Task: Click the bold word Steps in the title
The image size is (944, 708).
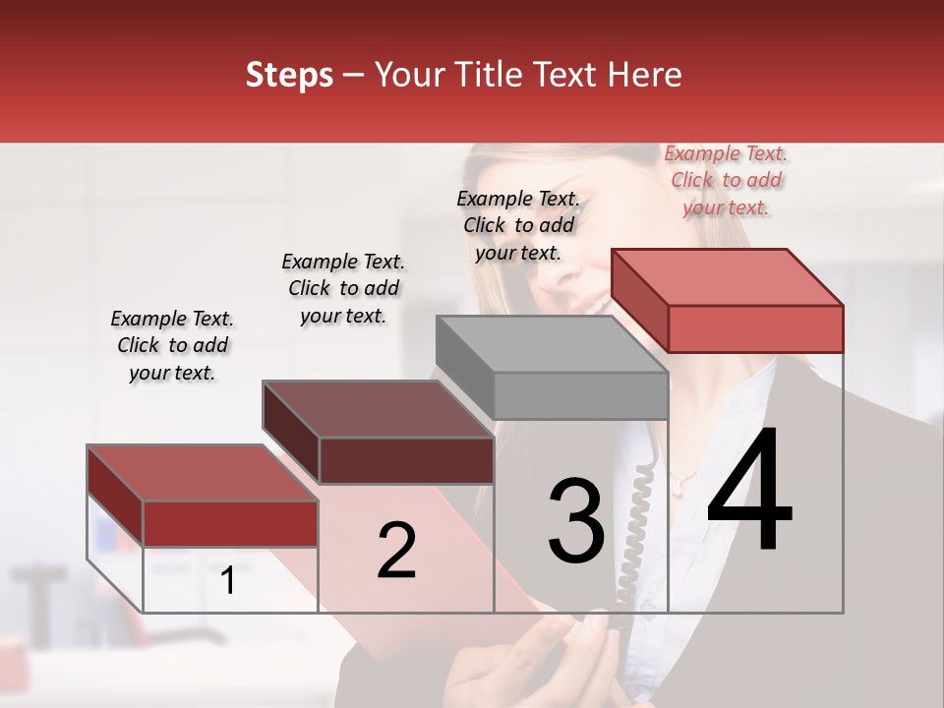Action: [x=289, y=75]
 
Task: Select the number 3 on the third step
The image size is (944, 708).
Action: [x=576, y=521]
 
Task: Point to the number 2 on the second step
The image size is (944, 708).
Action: [x=396, y=551]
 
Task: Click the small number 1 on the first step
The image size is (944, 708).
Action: [x=228, y=581]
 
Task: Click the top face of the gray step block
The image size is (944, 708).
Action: [x=551, y=344]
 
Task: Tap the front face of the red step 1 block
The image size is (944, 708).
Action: [x=230, y=523]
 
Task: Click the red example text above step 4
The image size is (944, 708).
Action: [x=726, y=180]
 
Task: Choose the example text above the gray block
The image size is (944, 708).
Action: [x=518, y=225]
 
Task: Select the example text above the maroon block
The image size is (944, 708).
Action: [x=343, y=288]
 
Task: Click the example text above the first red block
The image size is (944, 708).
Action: [x=172, y=345]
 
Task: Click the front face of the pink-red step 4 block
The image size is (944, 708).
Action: [x=755, y=328]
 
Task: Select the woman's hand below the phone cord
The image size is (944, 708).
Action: [x=551, y=659]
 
